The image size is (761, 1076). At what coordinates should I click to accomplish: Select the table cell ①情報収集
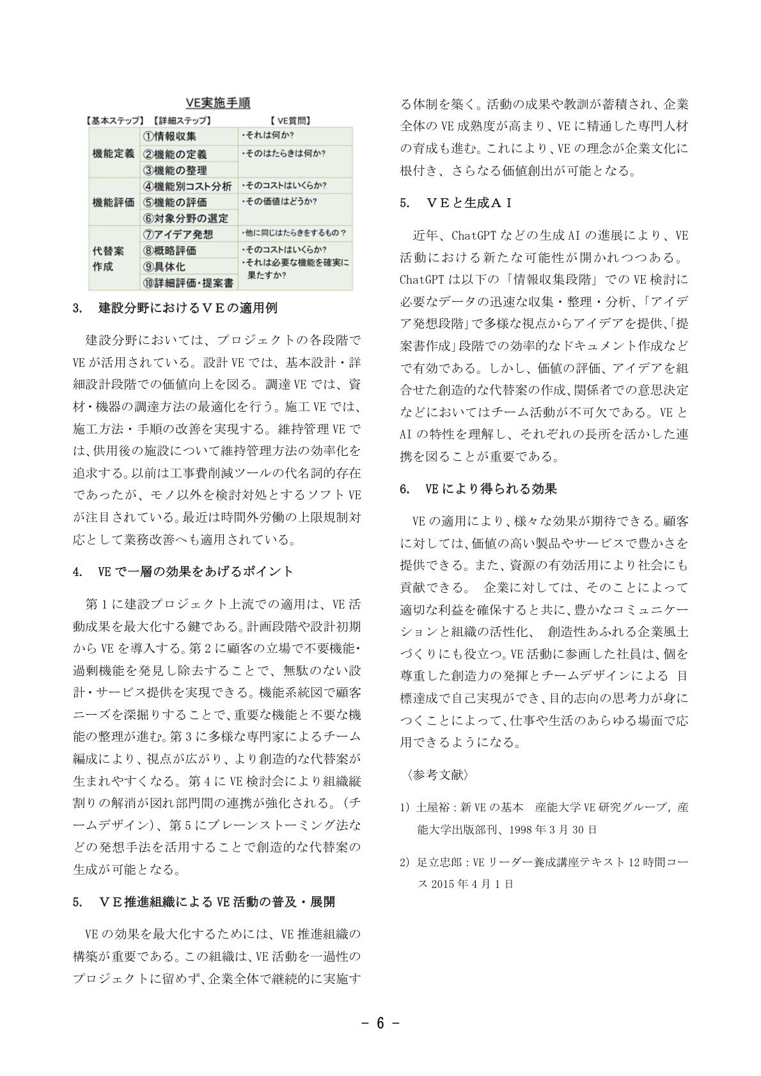tap(170, 136)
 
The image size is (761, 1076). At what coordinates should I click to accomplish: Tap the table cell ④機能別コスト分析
tap(188, 186)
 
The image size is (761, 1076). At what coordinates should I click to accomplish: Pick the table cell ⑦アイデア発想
tap(178, 234)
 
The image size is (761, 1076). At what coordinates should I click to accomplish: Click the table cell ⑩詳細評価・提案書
tap(187, 282)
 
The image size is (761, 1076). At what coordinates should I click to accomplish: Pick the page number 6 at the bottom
tap(380, 1024)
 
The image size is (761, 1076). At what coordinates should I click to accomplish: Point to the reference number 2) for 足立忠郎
tap(404, 862)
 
